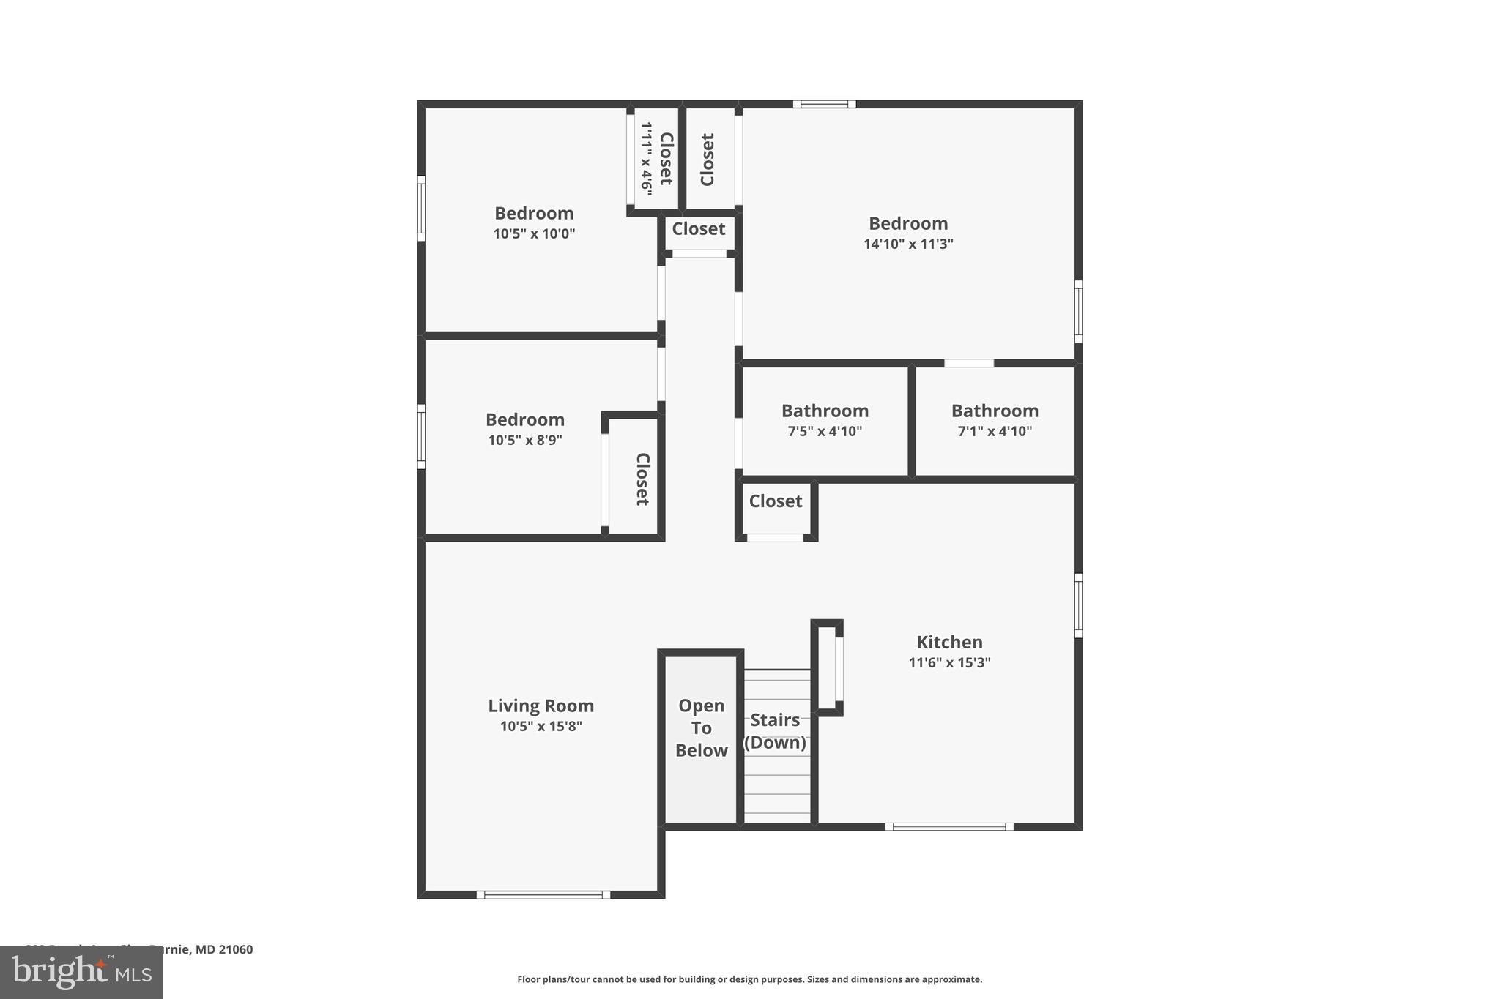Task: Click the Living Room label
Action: coord(541,706)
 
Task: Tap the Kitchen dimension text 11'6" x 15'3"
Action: coord(949,662)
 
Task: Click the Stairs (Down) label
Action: coord(775,730)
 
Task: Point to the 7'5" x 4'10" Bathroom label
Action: coord(825,411)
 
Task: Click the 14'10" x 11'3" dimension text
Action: coord(908,244)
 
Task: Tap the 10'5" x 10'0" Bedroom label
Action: coord(534,214)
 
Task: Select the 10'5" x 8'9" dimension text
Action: coord(525,440)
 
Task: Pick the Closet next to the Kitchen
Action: coord(776,501)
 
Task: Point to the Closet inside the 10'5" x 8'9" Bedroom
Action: coord(642,479)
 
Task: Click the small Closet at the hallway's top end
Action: coord(699,229)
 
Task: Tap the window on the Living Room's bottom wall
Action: coord(543,894)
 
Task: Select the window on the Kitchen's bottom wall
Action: coord(948,827)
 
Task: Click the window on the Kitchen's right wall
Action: coord(1078,605)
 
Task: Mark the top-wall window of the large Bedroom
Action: coord(824,104)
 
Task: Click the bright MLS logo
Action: coord(81,972)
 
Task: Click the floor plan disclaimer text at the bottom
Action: coord(749,979)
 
